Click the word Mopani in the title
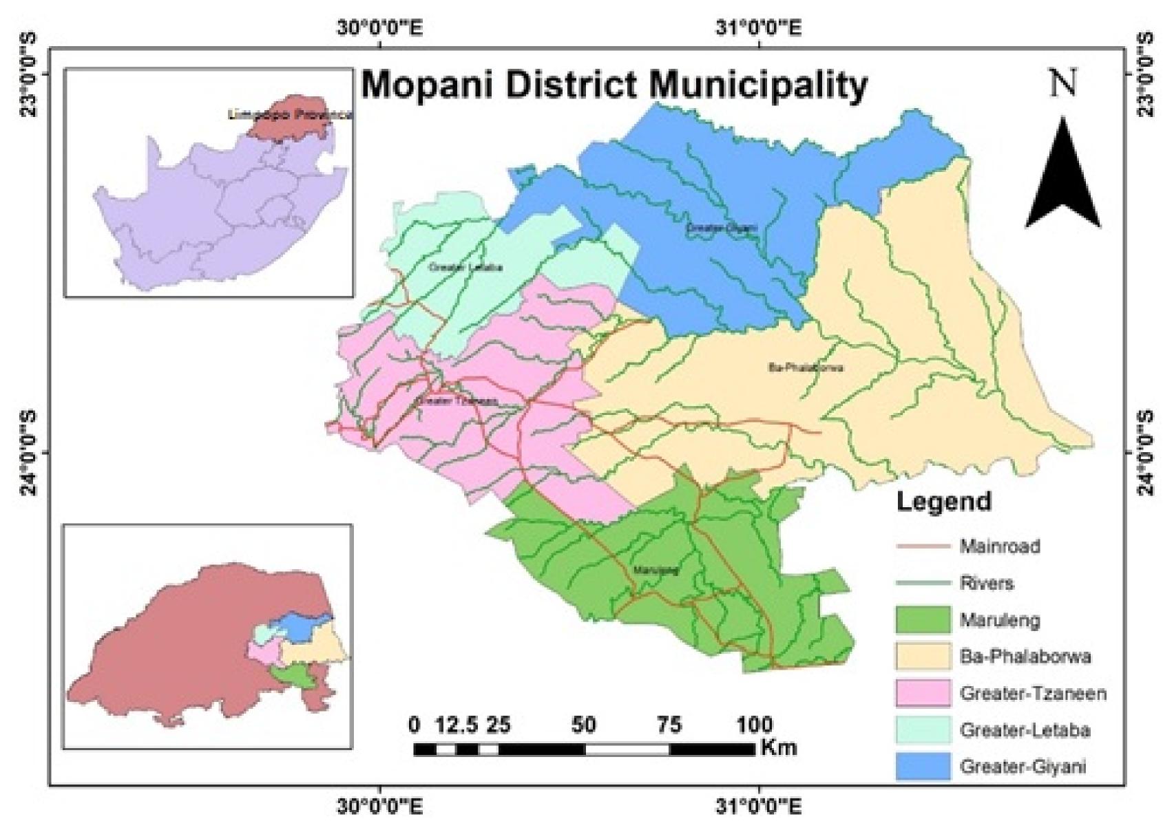tap(429, 85)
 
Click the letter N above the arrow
tap(1062, 83)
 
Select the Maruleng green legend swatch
tap(923, 621)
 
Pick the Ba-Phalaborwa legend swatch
tap(923, 657)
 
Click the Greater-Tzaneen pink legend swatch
tap(923, 693)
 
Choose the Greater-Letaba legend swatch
tap(923, 729)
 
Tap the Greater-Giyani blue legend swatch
tap(923, 766)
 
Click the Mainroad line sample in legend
tap(923, 547)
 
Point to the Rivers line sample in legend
tap(923, 584)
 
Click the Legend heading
tap(943, 502)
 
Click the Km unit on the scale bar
tap(779, 747)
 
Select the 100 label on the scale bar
tap(755, 725)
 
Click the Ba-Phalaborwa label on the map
tap(805, 367)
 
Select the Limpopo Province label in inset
tap(290, 115)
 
